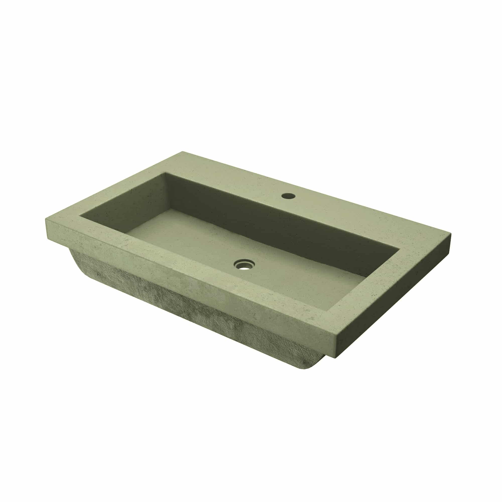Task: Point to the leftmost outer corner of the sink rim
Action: [x=46, y=219]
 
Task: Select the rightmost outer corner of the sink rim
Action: [x=451, y=234]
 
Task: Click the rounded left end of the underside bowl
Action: [x=78, y=260]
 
